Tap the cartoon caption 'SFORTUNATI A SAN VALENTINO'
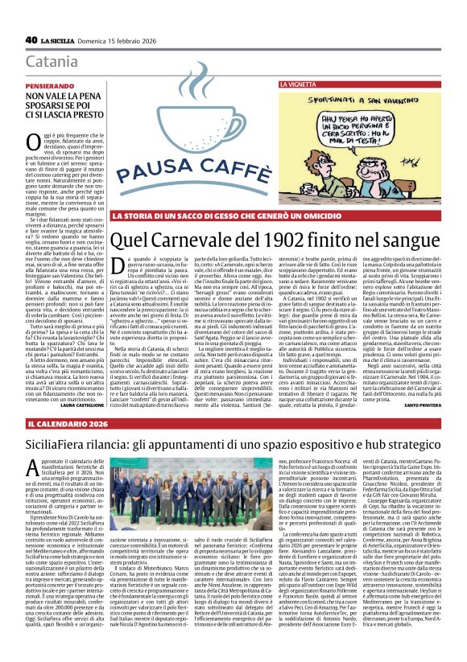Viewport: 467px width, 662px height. coord(353,99)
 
